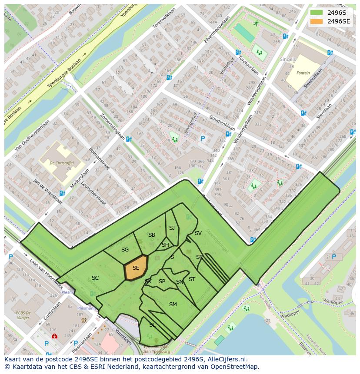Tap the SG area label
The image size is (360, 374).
(125, 250)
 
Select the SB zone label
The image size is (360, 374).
(151, 235)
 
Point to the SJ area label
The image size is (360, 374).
(172, 228)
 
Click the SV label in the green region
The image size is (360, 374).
(198, 233)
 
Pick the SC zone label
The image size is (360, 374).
(95, 278)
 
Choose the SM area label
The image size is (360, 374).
(173, 304)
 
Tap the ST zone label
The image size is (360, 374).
(192, 279)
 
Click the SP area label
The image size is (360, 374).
(162, 281)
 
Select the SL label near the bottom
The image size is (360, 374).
(152, 324)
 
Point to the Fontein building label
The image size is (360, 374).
(303, 73)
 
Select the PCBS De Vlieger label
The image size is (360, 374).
(27, 315)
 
